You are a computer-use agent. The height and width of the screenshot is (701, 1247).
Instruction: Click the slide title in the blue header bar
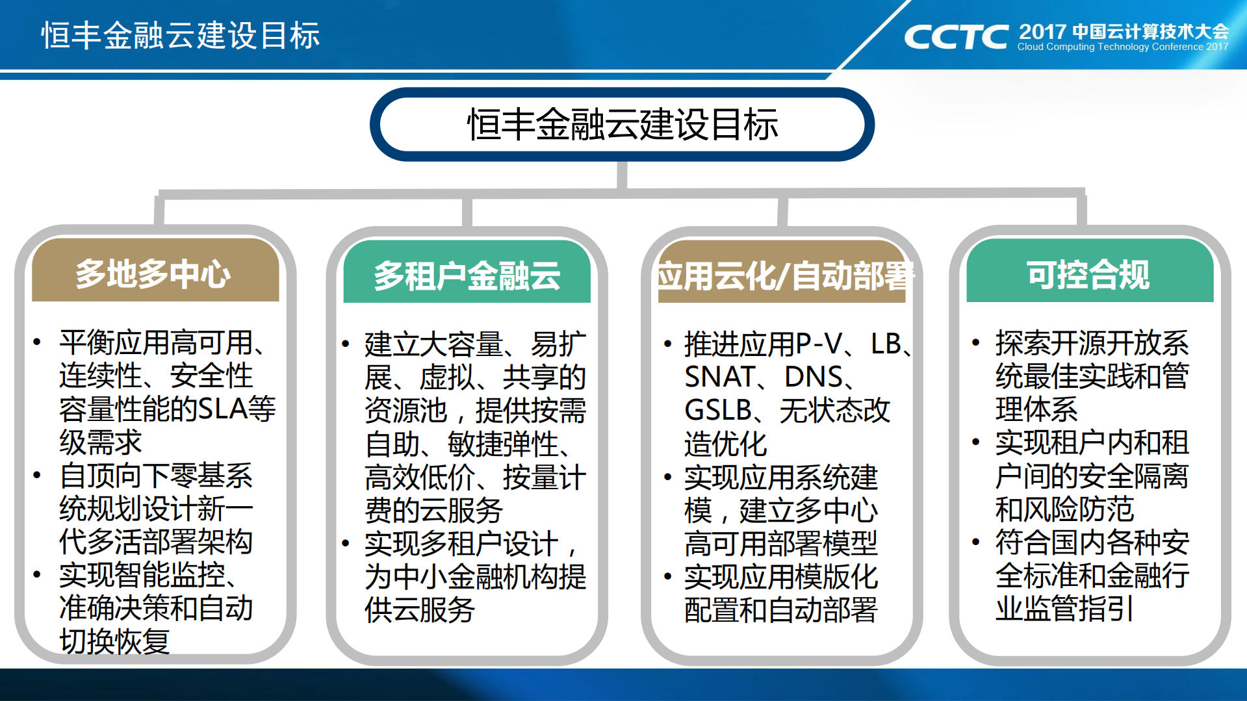point(181,35)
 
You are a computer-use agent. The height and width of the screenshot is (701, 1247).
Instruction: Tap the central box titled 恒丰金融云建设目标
point(622,124)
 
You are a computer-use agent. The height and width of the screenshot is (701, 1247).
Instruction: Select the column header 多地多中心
point(154,274)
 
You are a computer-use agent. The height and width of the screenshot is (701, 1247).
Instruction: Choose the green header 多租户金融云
point(467,275)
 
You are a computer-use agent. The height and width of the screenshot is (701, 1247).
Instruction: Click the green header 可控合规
point(1088,274)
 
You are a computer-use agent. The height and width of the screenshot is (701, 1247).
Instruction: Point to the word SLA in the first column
point(222,409)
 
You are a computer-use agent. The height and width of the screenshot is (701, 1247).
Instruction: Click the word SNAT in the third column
point(719,377)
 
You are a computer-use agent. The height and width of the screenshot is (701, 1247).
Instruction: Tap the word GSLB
point(718,411)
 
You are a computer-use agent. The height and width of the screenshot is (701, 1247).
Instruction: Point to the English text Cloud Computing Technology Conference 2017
point(1123,47)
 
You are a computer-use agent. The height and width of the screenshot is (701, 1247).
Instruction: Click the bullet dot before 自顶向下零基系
point(37,476)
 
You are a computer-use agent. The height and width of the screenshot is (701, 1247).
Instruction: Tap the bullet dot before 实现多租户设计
point(346,543)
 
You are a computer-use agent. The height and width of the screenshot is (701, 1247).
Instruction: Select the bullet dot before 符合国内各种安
point(976,542)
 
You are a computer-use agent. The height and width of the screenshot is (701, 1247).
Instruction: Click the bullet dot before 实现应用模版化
point(667,576)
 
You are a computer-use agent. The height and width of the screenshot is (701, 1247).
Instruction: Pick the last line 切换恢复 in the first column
point(114,642)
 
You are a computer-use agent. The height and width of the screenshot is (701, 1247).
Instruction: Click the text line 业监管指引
point(1064,609)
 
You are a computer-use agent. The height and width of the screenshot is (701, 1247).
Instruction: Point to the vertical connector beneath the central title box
point(622,175)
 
